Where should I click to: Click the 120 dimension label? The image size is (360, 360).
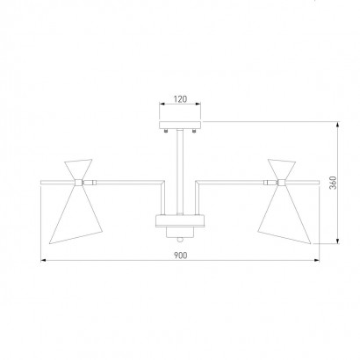click(180, 99)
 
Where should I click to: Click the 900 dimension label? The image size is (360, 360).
click(180, 256)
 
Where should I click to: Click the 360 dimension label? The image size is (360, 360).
click(333, 183)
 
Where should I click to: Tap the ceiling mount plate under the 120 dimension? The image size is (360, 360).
click(180, 126)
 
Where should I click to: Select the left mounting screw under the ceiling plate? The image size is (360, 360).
click(166, 131)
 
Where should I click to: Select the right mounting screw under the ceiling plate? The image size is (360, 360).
click(194, 131)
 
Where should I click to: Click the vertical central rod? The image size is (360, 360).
click(180, 172)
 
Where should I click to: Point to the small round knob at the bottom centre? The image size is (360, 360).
click(180, 240)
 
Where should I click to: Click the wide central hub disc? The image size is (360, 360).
click(180, 220)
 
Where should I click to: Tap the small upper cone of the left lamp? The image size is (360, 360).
click(78, 169)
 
